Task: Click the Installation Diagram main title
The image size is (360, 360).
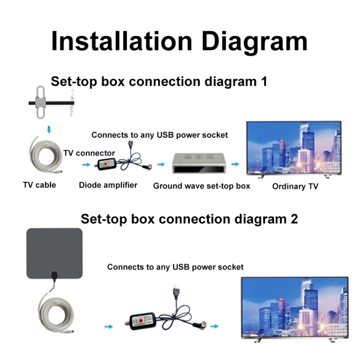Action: [x=179, y=42]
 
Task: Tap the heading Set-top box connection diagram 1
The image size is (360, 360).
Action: [x=159, y=82]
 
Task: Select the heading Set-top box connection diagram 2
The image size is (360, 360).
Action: [x=190, y=219]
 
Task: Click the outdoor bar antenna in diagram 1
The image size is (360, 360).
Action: [x=51, y=102]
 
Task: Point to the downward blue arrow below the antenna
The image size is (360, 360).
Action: [x=49, y=129]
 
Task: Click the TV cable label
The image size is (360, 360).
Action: [x=39, y=185]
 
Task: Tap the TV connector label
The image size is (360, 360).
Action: [x=89, y=153]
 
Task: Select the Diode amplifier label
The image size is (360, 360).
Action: [x=108, y=185]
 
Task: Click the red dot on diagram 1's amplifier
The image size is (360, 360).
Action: [x=106, y=164]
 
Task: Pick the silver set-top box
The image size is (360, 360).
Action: [x=199, y=163]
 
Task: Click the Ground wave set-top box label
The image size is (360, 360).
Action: [x=202, y=186]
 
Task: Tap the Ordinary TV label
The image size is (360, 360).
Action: [x=295, y=186]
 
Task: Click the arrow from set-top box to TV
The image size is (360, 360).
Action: [x=235, y=164]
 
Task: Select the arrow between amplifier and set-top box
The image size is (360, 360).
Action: [x=161, y=164]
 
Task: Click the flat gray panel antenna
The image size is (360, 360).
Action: [x=54, y=253]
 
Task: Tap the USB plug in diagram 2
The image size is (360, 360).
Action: [x=177, y=291]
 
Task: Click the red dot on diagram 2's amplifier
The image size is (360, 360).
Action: [x=141, y=321]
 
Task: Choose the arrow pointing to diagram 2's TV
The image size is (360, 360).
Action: [x=214, y=326]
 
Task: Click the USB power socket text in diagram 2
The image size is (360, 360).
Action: [x=208, y=267]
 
